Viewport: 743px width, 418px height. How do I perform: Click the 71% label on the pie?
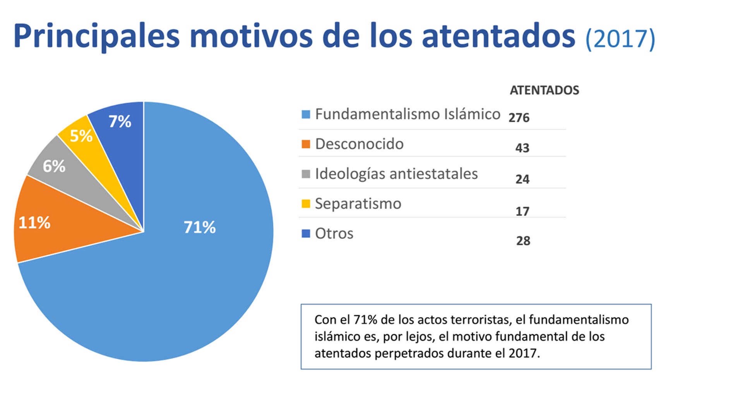(199, 227)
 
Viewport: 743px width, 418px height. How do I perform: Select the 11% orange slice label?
(34, 223)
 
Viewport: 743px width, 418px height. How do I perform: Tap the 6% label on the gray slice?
(54, 166)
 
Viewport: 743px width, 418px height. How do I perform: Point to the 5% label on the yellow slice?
(81, 136)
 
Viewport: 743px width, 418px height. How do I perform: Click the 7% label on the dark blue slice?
(120, 122)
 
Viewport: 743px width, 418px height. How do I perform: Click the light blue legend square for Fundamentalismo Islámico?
(306, 114)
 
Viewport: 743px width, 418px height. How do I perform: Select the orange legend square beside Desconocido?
(306, 144)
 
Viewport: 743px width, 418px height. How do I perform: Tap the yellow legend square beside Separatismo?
(306, 204)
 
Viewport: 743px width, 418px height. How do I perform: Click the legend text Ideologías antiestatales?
(396, 174)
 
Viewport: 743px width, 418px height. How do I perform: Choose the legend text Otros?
(334, 233)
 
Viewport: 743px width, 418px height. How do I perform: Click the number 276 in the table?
(519, 118)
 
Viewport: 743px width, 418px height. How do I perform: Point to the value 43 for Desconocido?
(522, 148)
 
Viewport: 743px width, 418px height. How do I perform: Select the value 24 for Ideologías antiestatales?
(522, 179)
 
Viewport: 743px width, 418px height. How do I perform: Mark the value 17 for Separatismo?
(522, 211)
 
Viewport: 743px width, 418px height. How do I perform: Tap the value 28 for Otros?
(523, 241)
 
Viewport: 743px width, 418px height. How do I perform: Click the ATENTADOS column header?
(544, 90)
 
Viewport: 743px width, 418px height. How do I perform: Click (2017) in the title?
(620, 39)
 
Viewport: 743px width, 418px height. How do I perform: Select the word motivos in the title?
(251, 36)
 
